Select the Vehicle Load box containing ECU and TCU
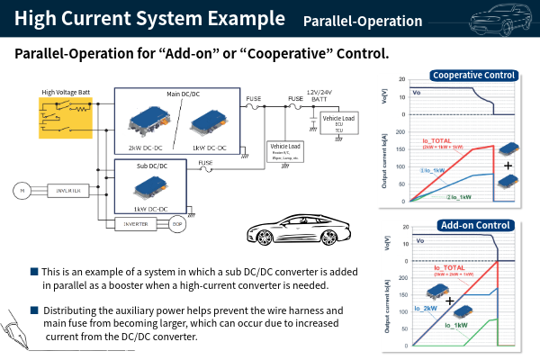(338, 123)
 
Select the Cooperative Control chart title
(474, 76)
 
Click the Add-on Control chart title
(473, 225)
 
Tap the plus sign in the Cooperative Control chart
(508, 166)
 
